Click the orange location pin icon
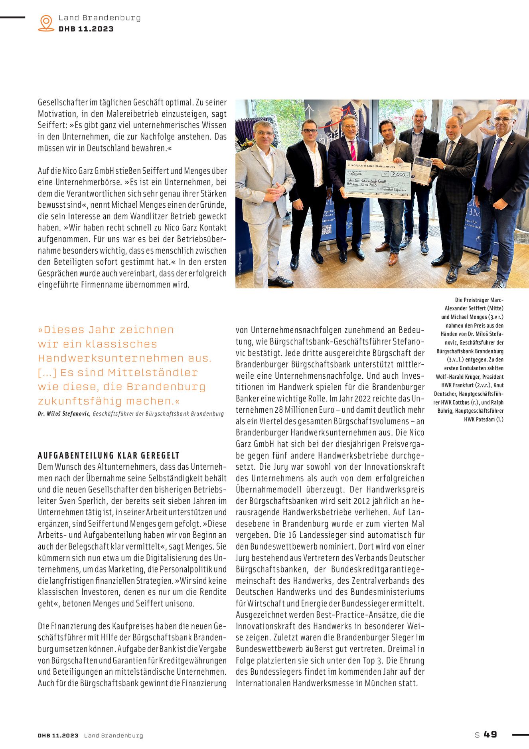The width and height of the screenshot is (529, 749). (x=46, y=23)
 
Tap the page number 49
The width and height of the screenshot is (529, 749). (x=490, y=734)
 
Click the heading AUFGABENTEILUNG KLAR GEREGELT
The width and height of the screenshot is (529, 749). (x=109, y=455)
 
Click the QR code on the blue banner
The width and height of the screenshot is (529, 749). (x=326, y=229)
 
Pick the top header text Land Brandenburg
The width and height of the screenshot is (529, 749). (x=99, y=18)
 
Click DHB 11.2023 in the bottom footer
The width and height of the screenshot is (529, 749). (x=58, y=735)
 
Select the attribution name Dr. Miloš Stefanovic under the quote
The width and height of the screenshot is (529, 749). (x=63, y=413)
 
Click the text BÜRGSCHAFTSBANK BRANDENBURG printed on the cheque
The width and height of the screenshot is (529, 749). (x=371, y=165)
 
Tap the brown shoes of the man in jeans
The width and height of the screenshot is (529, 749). (x=393, y=258)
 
